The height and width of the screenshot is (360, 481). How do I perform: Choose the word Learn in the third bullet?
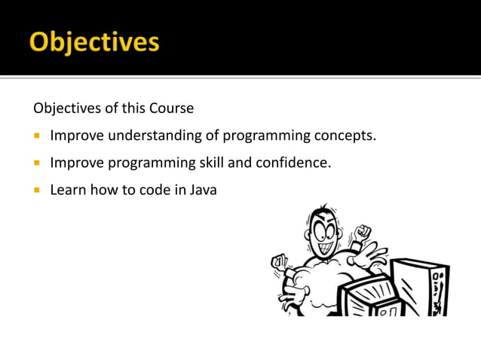[x=68, y=190]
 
